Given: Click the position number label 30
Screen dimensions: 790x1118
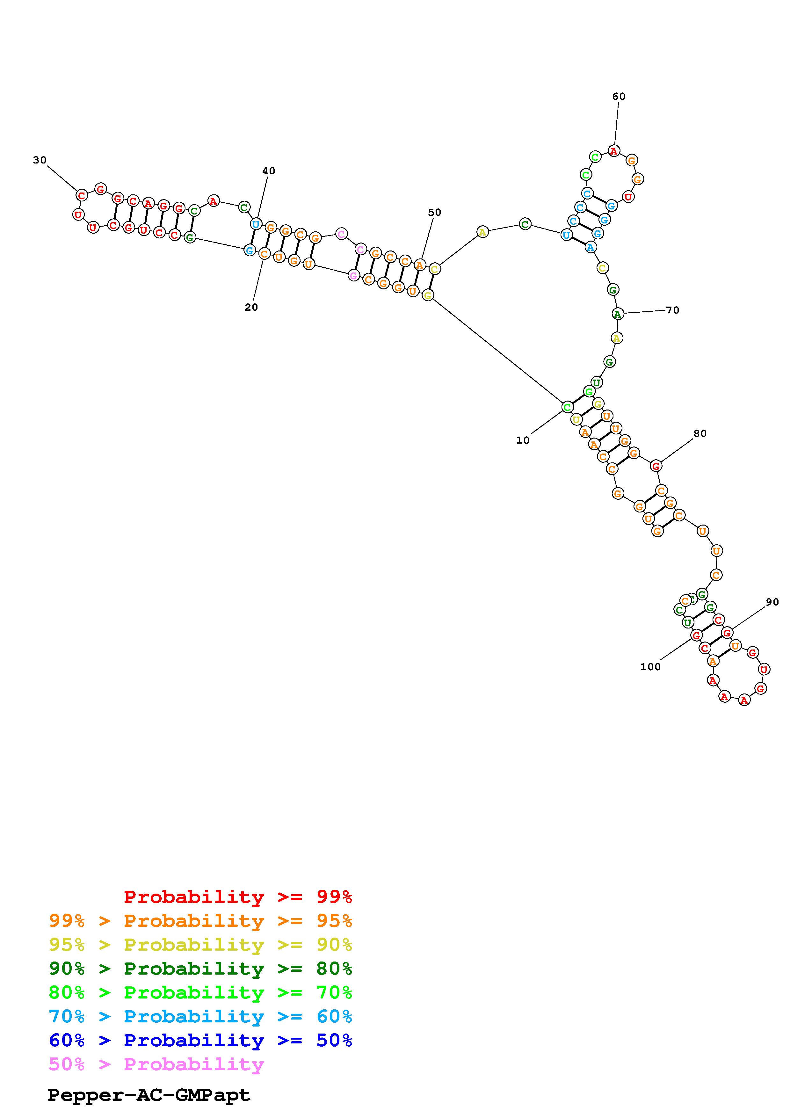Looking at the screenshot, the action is [x=40, y=160].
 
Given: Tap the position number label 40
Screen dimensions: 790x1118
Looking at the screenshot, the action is [x=269, y=171].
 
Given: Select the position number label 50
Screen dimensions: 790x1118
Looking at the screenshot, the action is [x=435, y=212].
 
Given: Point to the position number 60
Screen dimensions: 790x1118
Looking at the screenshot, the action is [x=619, y=97].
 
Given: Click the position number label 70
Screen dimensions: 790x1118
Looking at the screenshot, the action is [x=673, y=310].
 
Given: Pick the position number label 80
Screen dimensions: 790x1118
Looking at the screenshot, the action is [x=700, y=433].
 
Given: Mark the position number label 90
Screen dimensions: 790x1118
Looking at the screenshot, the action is [x=772, y=602].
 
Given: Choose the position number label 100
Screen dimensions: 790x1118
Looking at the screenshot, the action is [x=651, y=667].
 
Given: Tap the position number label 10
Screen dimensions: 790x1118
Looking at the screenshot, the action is [x=523, y=440].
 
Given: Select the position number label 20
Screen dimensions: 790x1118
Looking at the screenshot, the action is [x=251, y=307].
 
